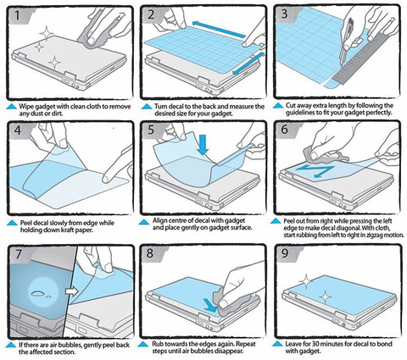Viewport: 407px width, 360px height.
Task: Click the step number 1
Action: (x=18, y=15)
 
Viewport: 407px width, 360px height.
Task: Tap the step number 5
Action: (x=151, y=130)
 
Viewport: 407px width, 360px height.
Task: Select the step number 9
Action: (x=285, y=253)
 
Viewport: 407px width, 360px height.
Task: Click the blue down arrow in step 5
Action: (x=203, y=145)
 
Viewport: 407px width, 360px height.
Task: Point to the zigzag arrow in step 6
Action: (x=315, y=171)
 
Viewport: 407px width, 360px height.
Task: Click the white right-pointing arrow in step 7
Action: (x=72, y=291)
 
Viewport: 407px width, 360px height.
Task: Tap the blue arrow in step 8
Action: (x=211, y=306)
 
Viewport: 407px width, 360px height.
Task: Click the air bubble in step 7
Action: (x=37, y=293)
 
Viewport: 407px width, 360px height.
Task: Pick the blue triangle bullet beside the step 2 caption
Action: (x=147, y=107)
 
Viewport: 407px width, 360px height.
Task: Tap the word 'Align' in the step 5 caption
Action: (x=160, y=220)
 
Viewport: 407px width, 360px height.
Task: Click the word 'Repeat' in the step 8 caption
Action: (x=245, y=344)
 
